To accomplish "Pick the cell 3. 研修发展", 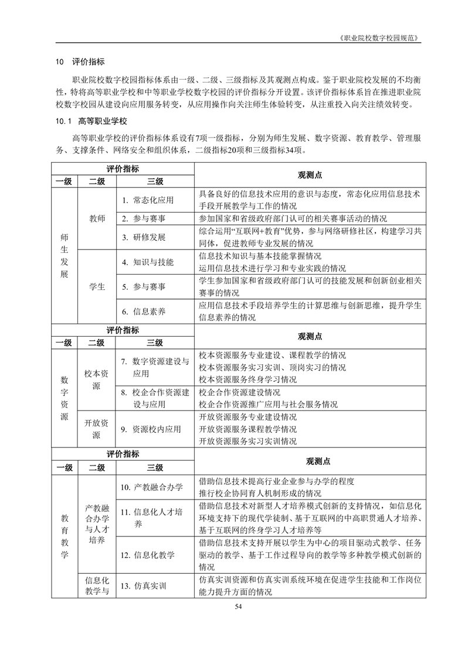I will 144,237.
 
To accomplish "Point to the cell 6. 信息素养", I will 144,312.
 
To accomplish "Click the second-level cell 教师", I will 97,218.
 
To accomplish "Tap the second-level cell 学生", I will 97,287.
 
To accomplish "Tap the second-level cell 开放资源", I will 97,429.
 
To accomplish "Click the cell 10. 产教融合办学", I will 151,487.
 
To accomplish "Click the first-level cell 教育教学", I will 64,536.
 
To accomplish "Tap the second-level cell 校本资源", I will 97,379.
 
